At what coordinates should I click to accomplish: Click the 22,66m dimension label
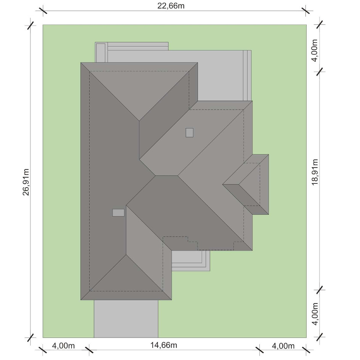pyautogui.click(x=171, y=5)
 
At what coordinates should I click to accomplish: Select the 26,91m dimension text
pyautogui.click(x=26, y=182)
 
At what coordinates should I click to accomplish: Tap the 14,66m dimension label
pyautogui.click(x=164, y=345)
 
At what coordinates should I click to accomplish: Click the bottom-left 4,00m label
pyautogui.click(x=63, y=346)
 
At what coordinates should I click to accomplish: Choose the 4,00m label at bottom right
pyautogui.click(x=283, y=346)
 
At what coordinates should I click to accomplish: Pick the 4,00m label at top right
pyautogui.click(x=315, y=50)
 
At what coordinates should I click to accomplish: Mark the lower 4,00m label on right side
pyautogui.click(x=315, y=314)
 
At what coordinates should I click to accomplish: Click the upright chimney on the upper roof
pyautogui.click(x=190, y=133)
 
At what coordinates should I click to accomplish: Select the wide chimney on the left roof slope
pyautogui.click(x=119, y=212)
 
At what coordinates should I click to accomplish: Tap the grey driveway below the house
pyautogui.click(x=126, y=319)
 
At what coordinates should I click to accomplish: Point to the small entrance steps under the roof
pyautogui.click(x=191, y=261)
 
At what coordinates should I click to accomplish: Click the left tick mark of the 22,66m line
pyautogui.click(x=43, y=11)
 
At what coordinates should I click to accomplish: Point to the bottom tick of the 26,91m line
pyautogui.click(x=31, y=337)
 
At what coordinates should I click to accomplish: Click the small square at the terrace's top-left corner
pyautogui.click(x=101, y=53)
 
